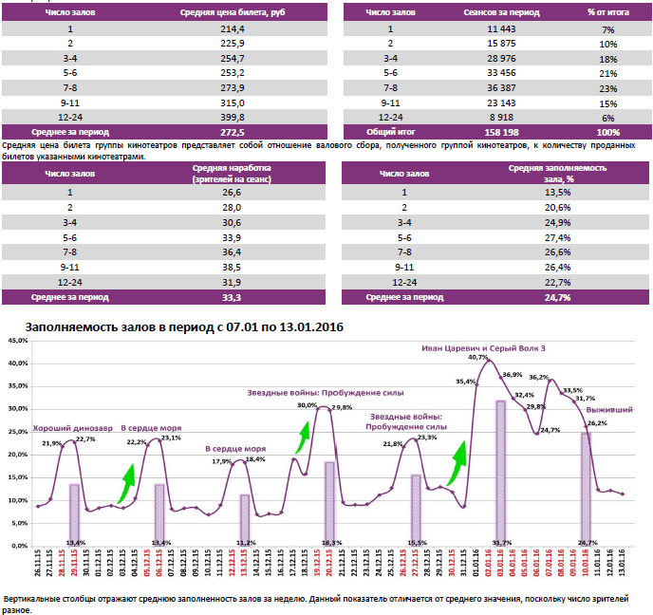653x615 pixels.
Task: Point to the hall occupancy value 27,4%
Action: click(x=557, y=237)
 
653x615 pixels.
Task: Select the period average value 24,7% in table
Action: click(x=557, y=297)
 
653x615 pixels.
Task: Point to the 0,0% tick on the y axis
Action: click(x=18, y=546)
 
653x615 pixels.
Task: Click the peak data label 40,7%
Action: click(x=478, y=358)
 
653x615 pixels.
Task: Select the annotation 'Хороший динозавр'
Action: click(x=66, y=427)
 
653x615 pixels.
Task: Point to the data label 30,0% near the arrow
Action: click(x=307, y=405)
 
